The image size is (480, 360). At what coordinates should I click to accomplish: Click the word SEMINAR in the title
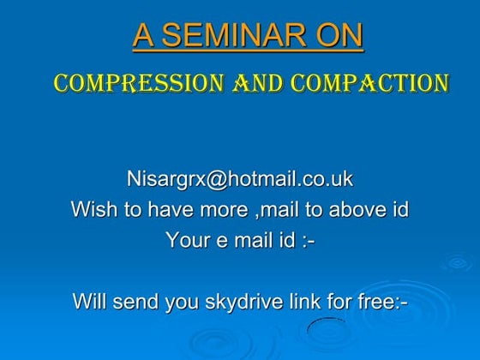232,35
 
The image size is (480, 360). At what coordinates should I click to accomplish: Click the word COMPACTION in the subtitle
369,83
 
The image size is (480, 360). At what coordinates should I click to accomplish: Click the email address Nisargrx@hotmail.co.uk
240,179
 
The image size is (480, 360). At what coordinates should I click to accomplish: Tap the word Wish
91,209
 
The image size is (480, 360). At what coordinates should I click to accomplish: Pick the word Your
186,240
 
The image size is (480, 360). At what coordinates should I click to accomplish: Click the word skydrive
249,302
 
